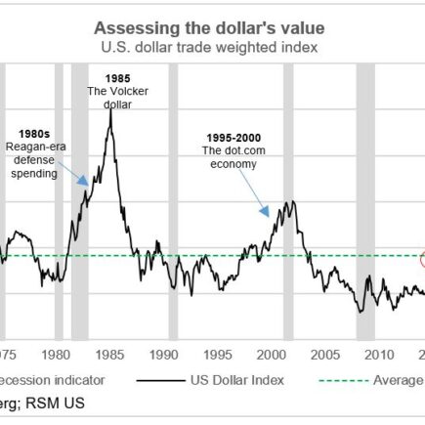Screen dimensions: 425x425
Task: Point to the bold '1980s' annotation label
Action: (x=36, y=134)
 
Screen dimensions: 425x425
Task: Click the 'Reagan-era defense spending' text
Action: (x=36, y=159)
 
